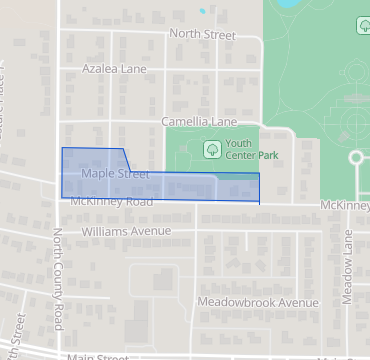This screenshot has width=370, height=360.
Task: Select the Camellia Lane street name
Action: click(x=199, y=122)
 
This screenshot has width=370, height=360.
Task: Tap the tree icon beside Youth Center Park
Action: click(x=212, y=149)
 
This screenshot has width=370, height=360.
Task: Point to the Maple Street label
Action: click(x=115, y=174)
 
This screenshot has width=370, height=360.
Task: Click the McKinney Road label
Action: click(x=111, y=202)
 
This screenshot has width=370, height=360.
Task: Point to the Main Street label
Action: click(x=98, y=356)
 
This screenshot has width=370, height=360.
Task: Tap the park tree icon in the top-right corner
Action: click(x=361, y=25)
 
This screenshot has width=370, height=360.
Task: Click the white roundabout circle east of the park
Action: click(x=356, y=158)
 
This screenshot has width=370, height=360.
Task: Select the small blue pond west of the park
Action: click(x=203, y=11)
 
